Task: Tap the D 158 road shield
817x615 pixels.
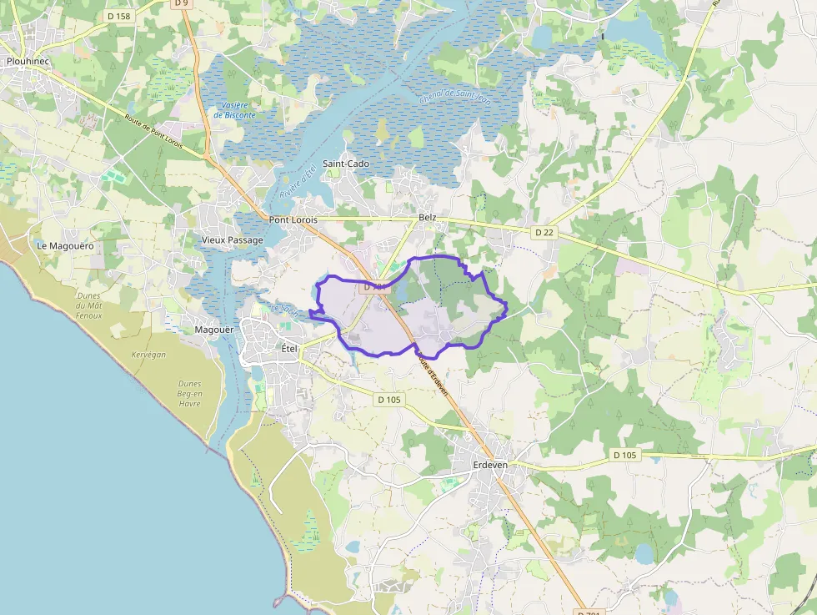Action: click(119, 16)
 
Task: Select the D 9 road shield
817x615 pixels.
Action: click(180, 3)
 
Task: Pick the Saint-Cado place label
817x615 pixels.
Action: click(346, 164)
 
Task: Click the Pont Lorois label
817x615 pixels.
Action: click(293, 219)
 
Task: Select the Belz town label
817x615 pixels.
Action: click(428, 217)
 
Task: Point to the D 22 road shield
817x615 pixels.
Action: click(544, 232)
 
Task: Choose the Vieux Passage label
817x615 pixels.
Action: click(233, 240)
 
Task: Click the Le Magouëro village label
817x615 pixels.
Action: click(65, 246)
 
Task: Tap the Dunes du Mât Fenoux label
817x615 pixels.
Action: click(88, 305)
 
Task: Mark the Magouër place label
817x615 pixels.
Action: click(213, 330)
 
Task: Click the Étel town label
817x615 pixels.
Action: click(289, 348)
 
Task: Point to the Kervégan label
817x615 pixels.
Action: click(148, 355)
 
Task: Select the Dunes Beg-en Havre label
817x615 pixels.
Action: click(189, 394)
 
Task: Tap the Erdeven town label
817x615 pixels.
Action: click(490, 465)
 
